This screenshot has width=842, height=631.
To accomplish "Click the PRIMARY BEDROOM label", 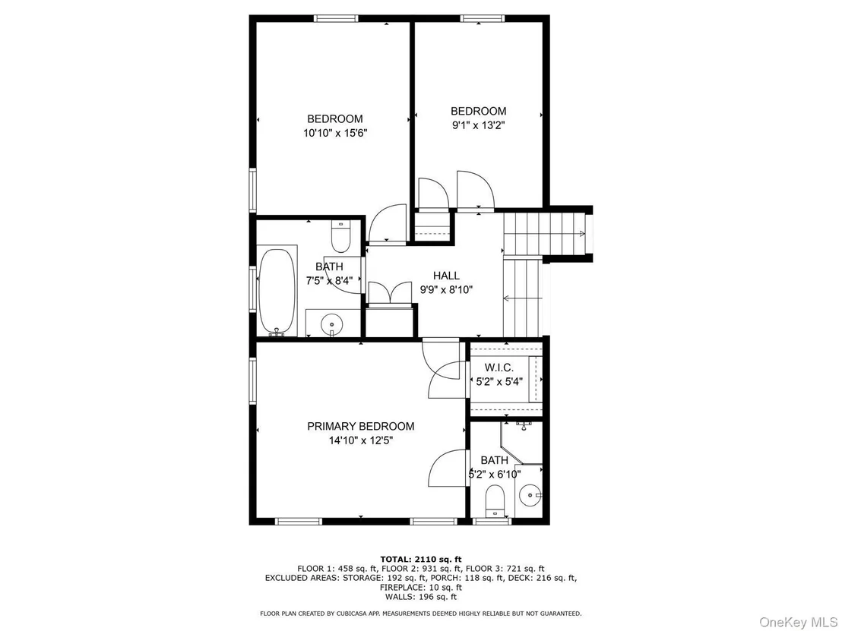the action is (x=360, y=427).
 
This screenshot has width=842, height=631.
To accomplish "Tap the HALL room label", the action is (x=446, y=276).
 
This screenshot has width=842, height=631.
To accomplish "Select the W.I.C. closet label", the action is (x=499, y=368).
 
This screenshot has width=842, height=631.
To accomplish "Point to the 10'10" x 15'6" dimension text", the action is (x=335, y=133).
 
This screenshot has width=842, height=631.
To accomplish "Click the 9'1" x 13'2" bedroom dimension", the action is (x=479, y=125).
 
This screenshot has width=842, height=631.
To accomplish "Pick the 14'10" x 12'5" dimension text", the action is (x=361, y=441).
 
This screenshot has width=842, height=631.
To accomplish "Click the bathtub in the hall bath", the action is (x=277, y=292).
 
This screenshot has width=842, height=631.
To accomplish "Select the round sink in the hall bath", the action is (x=332, y=325).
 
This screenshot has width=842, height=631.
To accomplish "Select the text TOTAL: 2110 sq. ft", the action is (x=420, y=559).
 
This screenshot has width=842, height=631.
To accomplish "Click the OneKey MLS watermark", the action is (x=798, y=622).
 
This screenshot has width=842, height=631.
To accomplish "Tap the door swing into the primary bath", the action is (x=448, y=468).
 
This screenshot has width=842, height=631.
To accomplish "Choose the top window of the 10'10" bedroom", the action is (x=336, y=19).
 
